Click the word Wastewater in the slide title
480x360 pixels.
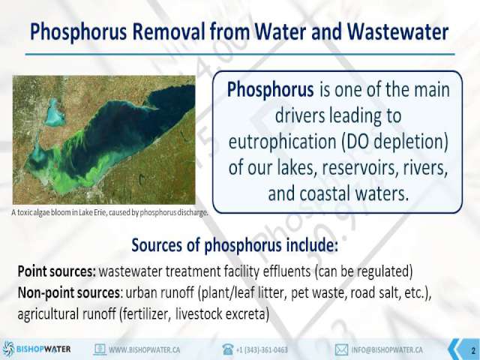click(398, 31)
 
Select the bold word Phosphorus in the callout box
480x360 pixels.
click(270, 90)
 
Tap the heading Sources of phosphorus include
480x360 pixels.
click(235, 245)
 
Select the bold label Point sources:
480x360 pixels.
click(57, 271)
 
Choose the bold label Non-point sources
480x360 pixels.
click(68, 292)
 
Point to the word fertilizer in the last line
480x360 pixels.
click(145, 314)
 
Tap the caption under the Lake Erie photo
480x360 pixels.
click(109, 212)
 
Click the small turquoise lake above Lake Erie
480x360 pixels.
click(55, 113)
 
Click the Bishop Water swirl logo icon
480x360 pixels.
click(8, 349)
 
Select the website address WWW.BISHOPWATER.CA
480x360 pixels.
click(144, 349)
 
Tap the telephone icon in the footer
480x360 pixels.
click(228, 349)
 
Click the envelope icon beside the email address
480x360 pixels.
click(341, 349)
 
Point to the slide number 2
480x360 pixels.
click(473, 350)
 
